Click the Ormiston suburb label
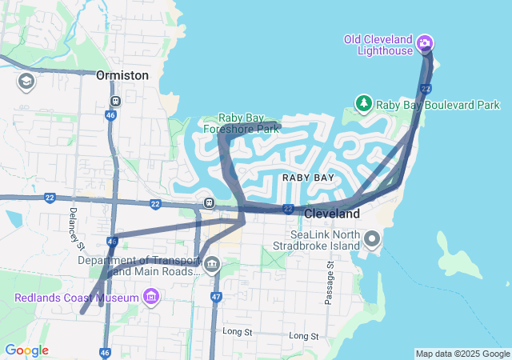pyautogui.click(x=122, y=74)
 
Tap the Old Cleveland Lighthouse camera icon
pyautogui.click(x=426, y=42)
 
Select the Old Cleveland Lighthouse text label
pyautogui.click(x=378, y=45)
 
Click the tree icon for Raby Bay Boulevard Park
pyautogui.click(x=364, y=104)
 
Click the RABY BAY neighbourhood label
pyautogui.click(x=308, y=177)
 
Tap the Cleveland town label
pyautogui.click(x=332, y=214)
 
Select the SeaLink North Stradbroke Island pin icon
pyautogui.click(x=372, y=238)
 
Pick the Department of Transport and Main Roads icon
pyautogui.click(x=211, y=266)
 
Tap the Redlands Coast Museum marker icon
pyautogui.click(x=150, y=298)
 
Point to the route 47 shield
pyautogui.click(x=216, y=297)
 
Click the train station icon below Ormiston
pyautogui.click(x=116, y=102)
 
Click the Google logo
pyautogui.click(x=26, y=350)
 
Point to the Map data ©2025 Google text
pyautogui.click(x=462, y=354)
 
